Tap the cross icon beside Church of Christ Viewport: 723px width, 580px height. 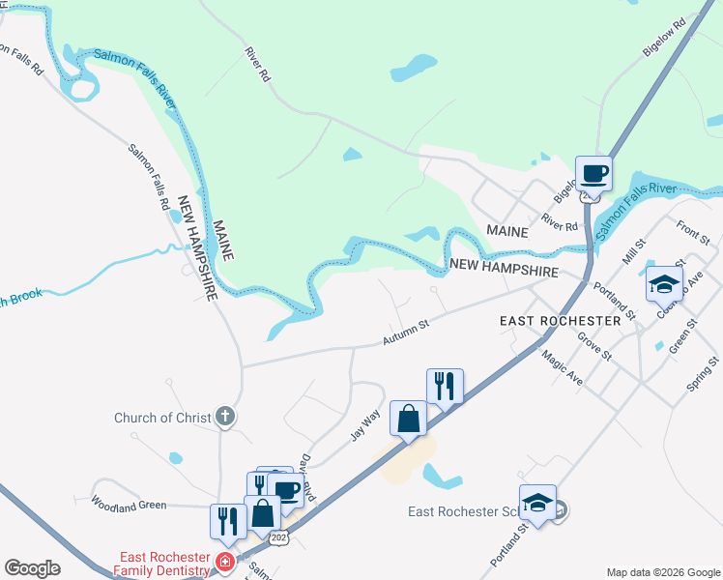point(225,418)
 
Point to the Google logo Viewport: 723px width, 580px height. point(32,568)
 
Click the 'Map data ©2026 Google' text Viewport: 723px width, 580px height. point(662,572)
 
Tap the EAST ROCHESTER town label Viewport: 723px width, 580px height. point(560,320)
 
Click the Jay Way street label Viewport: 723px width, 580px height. point(364,424)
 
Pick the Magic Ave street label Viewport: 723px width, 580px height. point(562,368)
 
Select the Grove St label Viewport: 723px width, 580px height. point(594,346)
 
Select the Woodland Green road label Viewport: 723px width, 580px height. point(129,503)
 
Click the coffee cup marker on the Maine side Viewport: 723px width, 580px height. point(593,173)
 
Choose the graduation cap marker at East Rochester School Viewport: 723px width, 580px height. point(538,502)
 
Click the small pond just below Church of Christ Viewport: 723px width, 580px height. point(175,458)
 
